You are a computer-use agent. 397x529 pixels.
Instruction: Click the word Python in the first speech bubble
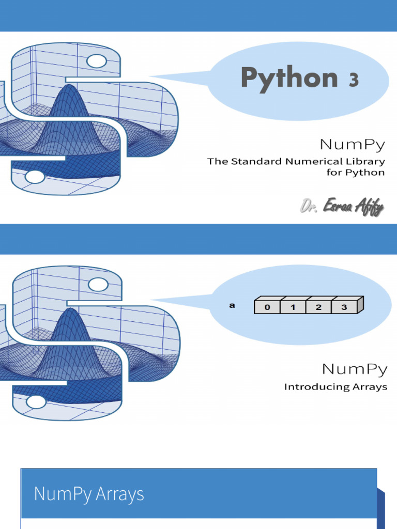289,79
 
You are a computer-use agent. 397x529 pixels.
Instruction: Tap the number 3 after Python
353,80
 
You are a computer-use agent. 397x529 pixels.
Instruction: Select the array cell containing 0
267,307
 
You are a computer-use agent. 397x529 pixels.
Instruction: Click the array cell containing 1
293,307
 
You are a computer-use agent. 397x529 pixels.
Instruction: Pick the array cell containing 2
318,307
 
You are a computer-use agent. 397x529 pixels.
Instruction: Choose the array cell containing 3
344,307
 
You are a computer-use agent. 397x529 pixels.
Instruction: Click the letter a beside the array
232,305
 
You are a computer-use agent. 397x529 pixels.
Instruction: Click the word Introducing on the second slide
314,386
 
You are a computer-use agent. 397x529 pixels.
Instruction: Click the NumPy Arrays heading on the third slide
89,494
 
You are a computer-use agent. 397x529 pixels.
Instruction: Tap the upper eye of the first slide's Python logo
96,61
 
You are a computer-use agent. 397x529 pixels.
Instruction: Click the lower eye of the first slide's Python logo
35,177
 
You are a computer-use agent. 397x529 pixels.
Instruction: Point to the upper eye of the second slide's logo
98,284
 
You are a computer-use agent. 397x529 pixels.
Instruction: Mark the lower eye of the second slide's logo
36,401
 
